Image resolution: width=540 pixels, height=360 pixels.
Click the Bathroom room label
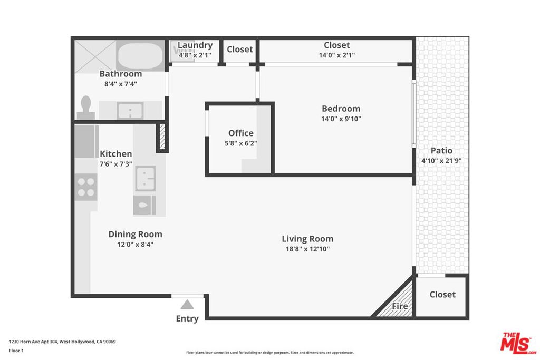pyautogui.click(x=121, y=74)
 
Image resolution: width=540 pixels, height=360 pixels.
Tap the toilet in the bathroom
pyautogui.click(x=86, y=108)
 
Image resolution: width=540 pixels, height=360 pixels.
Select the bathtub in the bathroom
pyautogui.click(x=140, y=56)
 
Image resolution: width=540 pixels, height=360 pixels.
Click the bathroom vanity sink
pyautogui.click(x=130, y=111)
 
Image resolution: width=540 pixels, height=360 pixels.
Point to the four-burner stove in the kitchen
pyautogui.click(x=86, y=187)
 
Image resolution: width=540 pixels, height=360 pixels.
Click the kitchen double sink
pyautogui.click(x=146, y=179)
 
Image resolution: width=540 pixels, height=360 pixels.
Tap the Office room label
pyautogui.click(x=240, y=133)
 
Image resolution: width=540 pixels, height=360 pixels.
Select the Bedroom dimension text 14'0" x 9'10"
pyautogui.click(x=341, y=119)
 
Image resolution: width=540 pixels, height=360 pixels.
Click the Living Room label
pyautogui.click(x=307, y=239)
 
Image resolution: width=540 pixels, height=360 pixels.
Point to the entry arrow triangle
pyautogui.click(x=187, y=305)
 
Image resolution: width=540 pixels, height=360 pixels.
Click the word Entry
pyautogui.click(x=187, y=319)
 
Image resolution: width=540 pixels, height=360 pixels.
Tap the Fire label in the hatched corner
pyautogui.click(x=400, y=306)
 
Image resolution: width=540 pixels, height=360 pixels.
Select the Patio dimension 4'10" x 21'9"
pyautogui.click(x=441, y=161)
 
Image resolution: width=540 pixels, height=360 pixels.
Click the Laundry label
pyautogui.click(x=195, y=45)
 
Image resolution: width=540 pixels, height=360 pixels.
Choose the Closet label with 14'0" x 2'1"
pyautogui.click(x=337, y=45)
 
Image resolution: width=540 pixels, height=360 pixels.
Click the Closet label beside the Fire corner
pyautogui.click(x=442, y=295)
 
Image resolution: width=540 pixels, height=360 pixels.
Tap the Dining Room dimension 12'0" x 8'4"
pyautogui.click(x=136, y=245)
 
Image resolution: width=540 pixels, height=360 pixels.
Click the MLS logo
pyautogui.click(x=518, y=343)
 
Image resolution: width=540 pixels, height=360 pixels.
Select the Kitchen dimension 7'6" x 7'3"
pyautogui.click(x=115, y=164)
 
